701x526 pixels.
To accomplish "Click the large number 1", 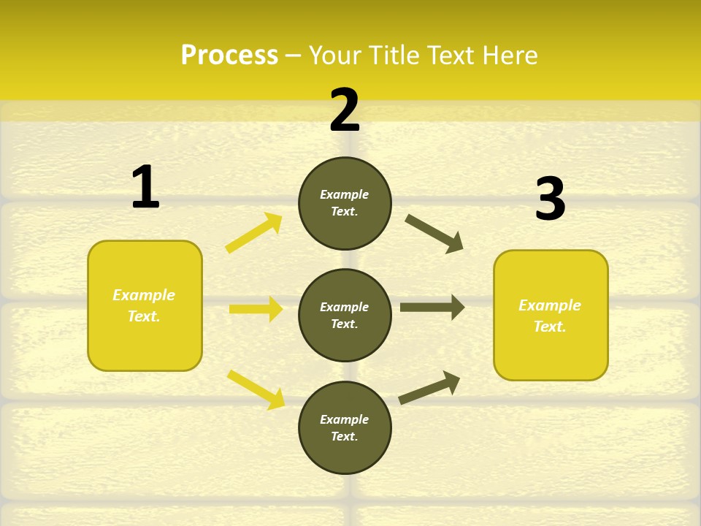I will click(x=145, y=187).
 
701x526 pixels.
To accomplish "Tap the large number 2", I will click(x=345, y=110).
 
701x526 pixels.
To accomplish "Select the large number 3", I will click(x=550, y=199).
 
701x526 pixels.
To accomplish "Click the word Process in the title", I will click(x=229, y=55).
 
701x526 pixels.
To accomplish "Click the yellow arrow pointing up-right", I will click(x=254, y=233).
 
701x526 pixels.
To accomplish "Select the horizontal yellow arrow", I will click(x=256, y=309).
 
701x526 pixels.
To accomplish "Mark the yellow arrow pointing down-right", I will click(x=256, y=389).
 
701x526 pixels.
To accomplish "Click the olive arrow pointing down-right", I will click(x=434, y=233).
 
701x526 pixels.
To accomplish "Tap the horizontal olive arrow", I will click(x=432, y=307).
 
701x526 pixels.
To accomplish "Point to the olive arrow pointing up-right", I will click(x=429, y=387).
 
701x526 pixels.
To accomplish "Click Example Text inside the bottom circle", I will click(x=345, y=428).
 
